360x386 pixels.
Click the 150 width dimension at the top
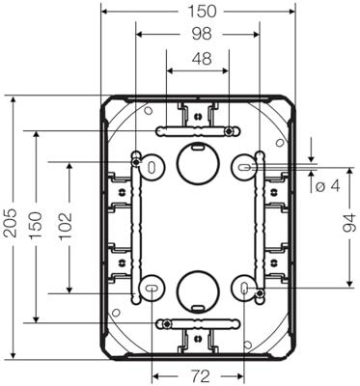[197, 11]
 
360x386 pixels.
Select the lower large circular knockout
[197, 288]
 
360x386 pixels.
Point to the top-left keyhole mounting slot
[152, 166]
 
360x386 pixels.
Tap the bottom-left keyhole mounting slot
[152, 288]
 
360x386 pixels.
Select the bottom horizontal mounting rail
[197, 321]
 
